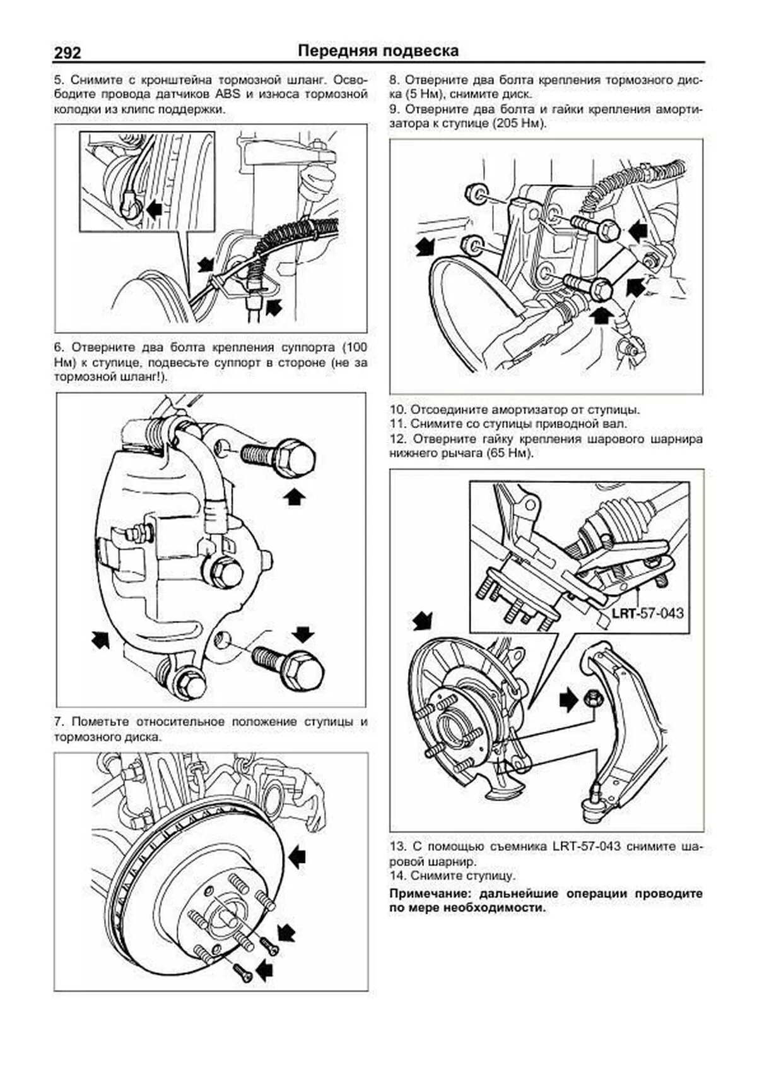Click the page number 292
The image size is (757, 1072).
(x=67, y=52)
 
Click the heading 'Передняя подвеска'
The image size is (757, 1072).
(x=378, y=51)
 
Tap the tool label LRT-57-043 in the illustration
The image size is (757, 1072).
(x=647, y=612)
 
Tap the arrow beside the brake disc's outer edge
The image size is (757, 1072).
(x=296, y=857)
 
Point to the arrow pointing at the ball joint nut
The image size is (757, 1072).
(x=568, y=700)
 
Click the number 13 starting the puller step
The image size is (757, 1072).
(x=397, y=847)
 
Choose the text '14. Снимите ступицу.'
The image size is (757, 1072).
(x=452, y=876)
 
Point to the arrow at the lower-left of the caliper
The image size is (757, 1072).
(x=100, y=640)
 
